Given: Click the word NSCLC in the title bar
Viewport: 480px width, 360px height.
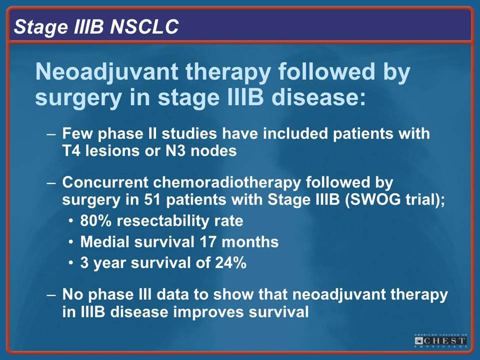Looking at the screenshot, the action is pyautogui.click(x=144, y=26).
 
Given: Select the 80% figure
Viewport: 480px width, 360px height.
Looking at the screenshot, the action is pyautogui.click(x=96, y=220).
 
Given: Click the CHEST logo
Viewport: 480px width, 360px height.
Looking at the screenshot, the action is pyautogui.click(x=441, y=340).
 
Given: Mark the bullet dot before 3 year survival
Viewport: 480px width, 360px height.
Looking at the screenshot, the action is pyautogui.click(x=71, y=263).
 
